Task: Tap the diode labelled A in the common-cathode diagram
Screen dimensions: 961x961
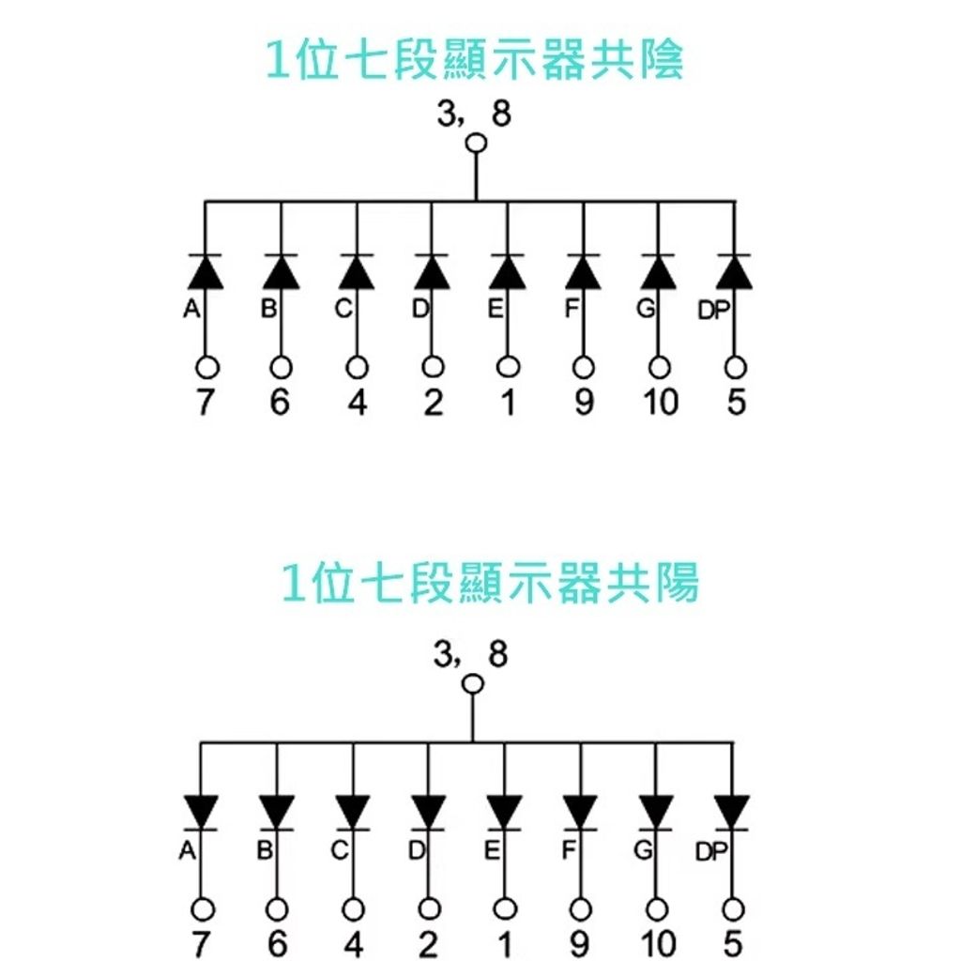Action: click(x=206, y=271)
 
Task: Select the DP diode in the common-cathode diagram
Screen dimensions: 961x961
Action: click(x=735, y=271)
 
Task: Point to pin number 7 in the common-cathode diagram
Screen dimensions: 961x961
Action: click(x=206, y=403)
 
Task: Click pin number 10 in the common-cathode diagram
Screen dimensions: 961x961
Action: click(x=660, y=403)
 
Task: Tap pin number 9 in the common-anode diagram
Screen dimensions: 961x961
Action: click(x=581, y=943)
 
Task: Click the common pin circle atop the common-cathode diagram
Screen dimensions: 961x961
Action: click(x=477, y=144)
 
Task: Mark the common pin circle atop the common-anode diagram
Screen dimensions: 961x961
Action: click(x=473, y=684)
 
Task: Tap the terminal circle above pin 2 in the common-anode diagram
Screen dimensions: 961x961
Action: click(x=429, y=908)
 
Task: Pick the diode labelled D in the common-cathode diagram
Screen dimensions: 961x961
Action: click(x=432, y=271)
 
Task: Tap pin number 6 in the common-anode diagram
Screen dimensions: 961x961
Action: click(x=277, y=943)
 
